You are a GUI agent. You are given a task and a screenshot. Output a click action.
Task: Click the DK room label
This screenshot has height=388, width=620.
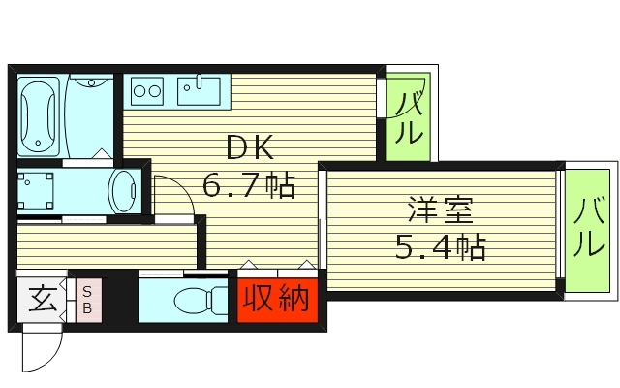coord(249,147)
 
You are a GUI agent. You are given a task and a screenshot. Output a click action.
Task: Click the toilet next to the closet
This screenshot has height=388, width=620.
coord(194,302)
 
